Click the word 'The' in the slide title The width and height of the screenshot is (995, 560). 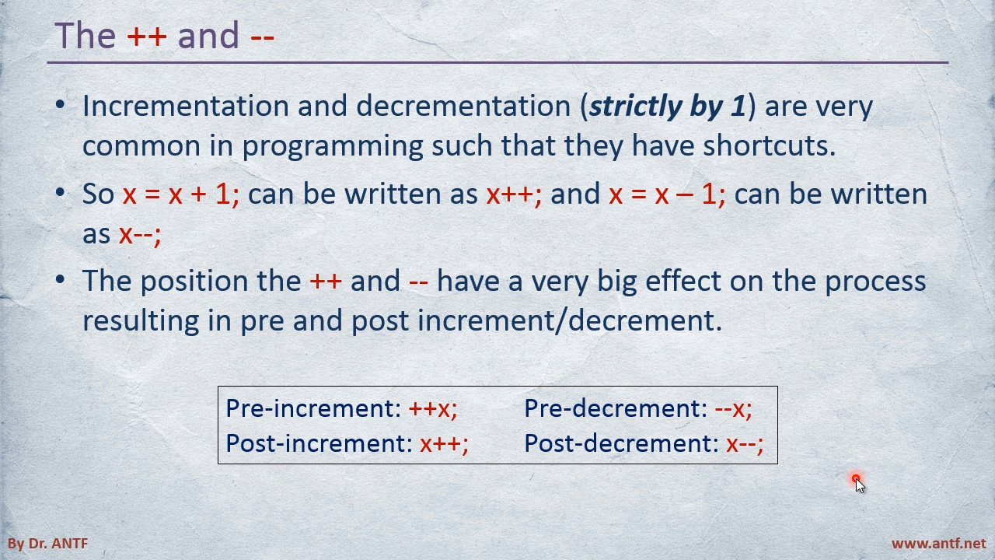coord(86,35)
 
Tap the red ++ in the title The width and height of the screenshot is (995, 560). coord(147,36)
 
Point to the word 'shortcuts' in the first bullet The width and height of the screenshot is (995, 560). coord(770,145)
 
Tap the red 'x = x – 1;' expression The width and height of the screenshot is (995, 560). coord(667,194)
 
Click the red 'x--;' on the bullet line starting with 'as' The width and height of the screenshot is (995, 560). coord(140,234)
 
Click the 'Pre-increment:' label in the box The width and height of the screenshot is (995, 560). coord(313,408)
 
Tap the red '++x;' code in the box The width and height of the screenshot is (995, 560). coord(433,409)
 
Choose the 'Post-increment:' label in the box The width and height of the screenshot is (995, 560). coord(319,443)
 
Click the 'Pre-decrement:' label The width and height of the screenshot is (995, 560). coord(616,408)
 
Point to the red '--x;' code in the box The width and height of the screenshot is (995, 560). coord(733,409)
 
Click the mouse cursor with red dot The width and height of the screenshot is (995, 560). coord(859,483)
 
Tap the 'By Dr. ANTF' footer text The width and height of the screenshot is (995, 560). coord(48,544)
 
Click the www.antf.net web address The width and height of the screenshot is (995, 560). coord(938,544)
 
